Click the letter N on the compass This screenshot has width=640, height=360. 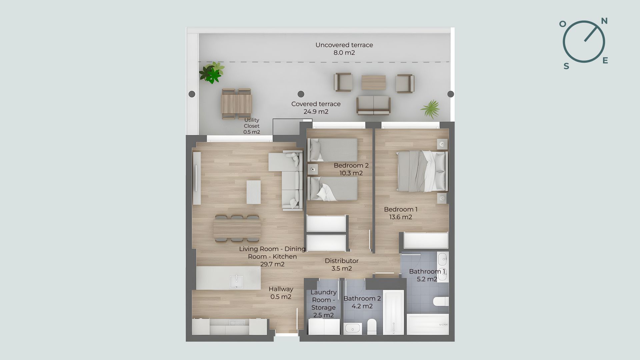tap(604, 21)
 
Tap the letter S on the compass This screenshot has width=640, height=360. tap(566, 66)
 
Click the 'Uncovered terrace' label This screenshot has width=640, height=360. tap(344, 45)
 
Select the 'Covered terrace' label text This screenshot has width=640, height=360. tap(316, 104)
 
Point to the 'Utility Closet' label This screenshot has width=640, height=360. tap(252, 123)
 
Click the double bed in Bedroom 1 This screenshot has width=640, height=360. tap(422, 171)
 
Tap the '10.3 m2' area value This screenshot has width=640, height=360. tap(351, 173)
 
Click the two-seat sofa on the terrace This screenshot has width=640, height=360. tap(373, 105)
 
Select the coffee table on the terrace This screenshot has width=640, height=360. tap(374, 82)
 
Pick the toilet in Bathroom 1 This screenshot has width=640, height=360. tap(440, 301)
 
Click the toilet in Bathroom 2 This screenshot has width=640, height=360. tap(371, 326)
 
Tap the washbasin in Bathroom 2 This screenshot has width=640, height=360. tap(352, 328)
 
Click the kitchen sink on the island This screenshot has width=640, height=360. tap(236, 282)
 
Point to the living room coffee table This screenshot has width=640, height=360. tap(254, 192)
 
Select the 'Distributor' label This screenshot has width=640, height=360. tap(342, 261)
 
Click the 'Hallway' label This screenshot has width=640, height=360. tap(281, 289)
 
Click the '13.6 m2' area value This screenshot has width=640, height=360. tap(401, 217)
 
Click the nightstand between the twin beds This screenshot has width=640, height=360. tap(313, 169)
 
